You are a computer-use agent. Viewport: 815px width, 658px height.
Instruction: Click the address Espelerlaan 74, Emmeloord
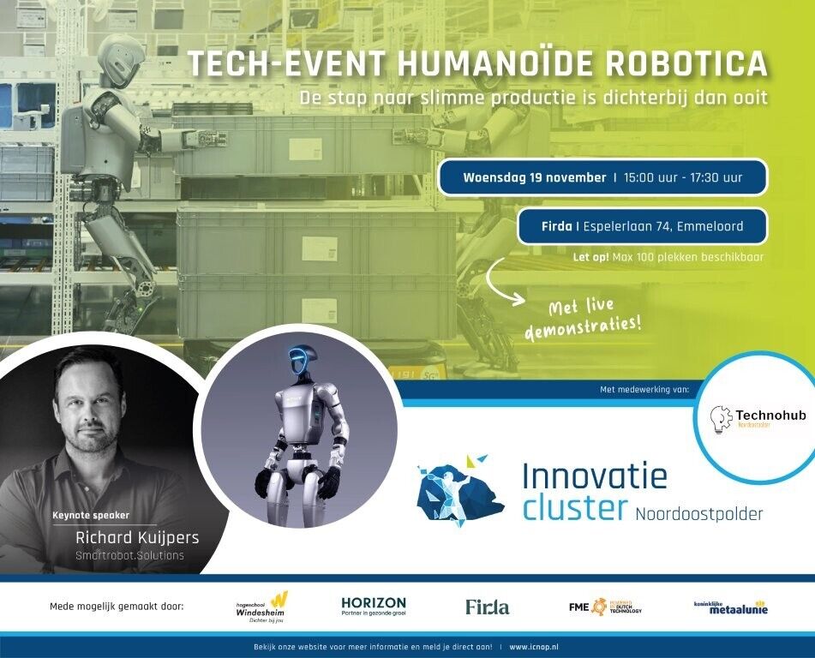[x=662, y=227]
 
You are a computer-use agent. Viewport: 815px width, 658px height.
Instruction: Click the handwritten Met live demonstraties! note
[x=583, y=320]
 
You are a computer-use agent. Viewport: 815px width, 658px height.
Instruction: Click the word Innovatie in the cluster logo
[x=594, y=476]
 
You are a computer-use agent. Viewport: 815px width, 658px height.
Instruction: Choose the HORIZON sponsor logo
[x=374, y=607]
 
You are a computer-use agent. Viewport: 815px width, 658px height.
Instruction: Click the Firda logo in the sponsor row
[x=487, y=607]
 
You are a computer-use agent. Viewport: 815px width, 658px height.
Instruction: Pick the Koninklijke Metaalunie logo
[x=730, y=607]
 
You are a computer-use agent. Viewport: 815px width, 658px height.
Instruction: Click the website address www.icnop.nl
[x=535, y=647]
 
